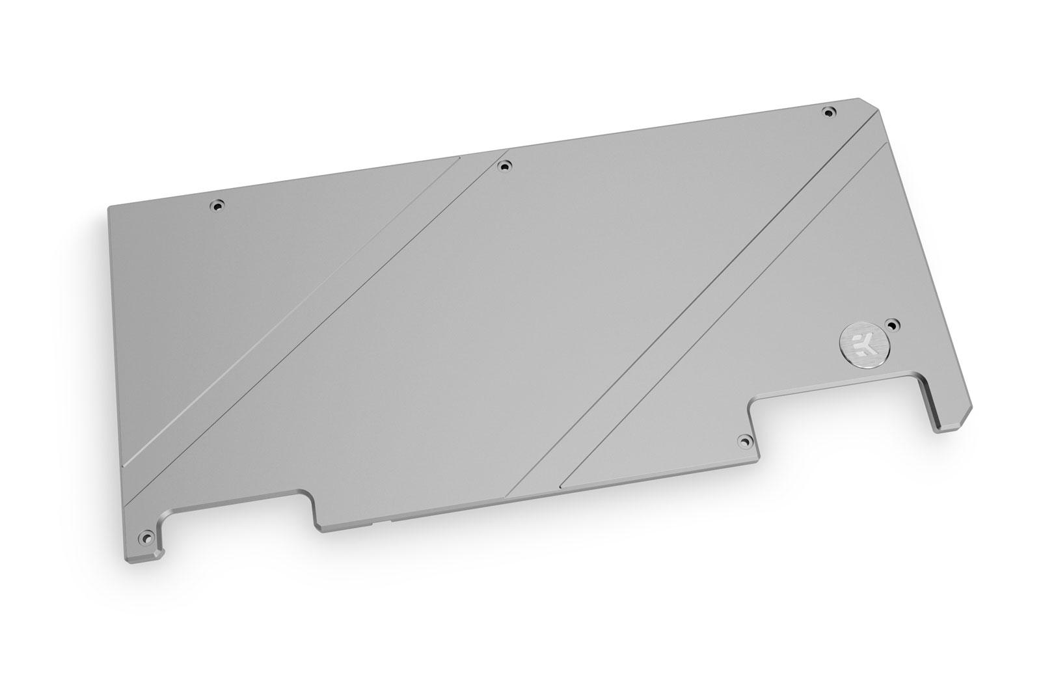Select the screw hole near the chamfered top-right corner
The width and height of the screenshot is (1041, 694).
(828, 112)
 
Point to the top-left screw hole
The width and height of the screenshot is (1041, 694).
(217, 206)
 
